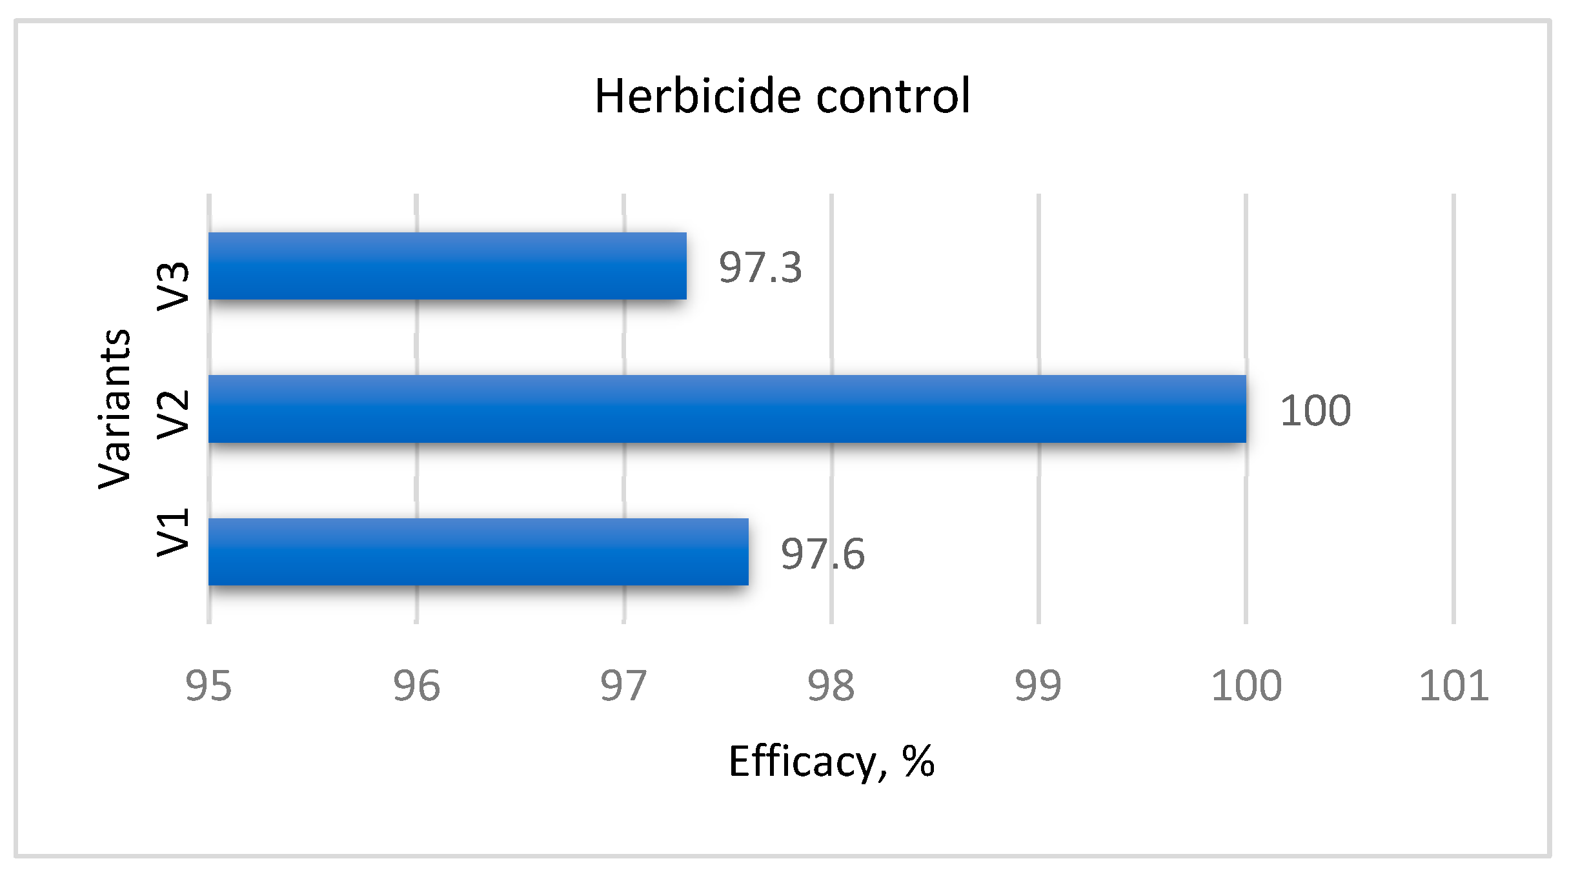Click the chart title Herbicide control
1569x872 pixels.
point(782,96)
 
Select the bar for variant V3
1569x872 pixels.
point(447,266)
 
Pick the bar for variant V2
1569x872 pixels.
point(727,409)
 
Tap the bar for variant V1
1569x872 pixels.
point(478,552)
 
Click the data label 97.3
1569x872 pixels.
point(760,267)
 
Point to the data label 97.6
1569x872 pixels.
point(822,554)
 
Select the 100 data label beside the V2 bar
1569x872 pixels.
point(1315,411)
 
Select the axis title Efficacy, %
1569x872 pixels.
point(831,762)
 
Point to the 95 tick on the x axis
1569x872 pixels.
point(208,685)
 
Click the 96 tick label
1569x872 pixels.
point(416,685)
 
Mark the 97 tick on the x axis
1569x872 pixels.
point(623,685)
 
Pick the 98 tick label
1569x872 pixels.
point(831,685)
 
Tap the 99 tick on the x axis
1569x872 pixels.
point(1038,685)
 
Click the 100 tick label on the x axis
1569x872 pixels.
point(1246,685)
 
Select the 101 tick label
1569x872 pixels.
point(1453,685)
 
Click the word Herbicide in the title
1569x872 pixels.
point(697,96)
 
